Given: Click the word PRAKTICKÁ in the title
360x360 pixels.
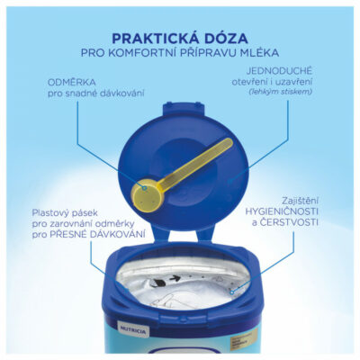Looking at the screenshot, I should tap(149, 38).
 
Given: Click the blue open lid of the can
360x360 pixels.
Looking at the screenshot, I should tap(216, 135).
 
